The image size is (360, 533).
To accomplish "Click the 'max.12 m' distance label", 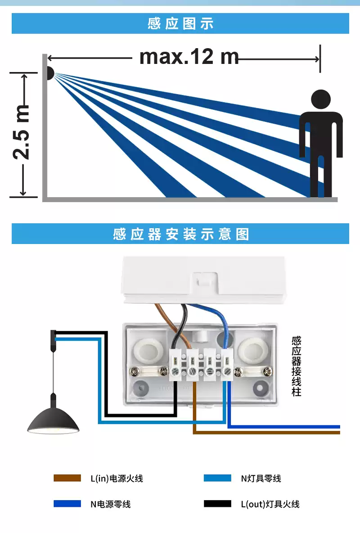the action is click(x=189, y=57).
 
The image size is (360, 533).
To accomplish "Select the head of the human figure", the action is click(x=321, y=99).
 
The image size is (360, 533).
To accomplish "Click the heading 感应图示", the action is click(x=180, y=23).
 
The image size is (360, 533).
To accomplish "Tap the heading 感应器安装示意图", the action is click(x=180, y=234).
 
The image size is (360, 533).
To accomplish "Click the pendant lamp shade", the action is click(x=53, y=420).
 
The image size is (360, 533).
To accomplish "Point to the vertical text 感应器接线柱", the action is click(x=296, y=366).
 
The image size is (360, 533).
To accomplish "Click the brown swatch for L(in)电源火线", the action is click(x=67, y=478).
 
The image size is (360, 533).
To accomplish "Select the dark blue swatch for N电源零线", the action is click(x=67, y=504).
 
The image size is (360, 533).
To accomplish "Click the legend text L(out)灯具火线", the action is click(x=270, y=504).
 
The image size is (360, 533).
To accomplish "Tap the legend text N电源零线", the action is click(x=110, y=504).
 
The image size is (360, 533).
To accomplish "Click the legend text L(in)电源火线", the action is click(x=117, y=479).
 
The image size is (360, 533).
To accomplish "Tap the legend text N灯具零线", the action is click(x=261, y=479).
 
